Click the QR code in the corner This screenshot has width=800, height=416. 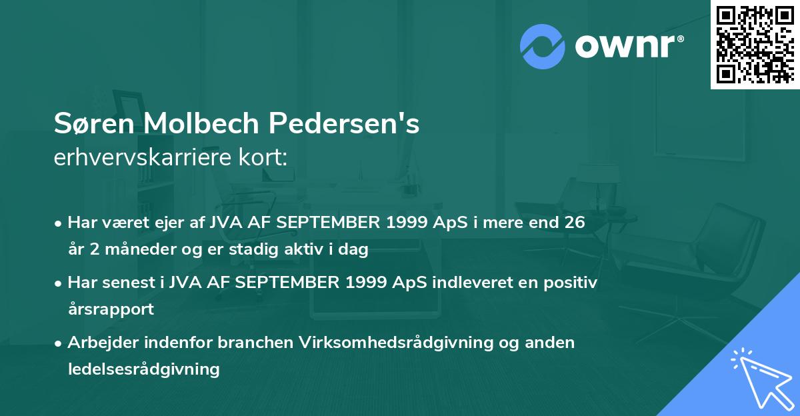755,45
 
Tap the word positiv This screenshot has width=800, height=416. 566,283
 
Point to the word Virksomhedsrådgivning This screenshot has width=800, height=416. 376,343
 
